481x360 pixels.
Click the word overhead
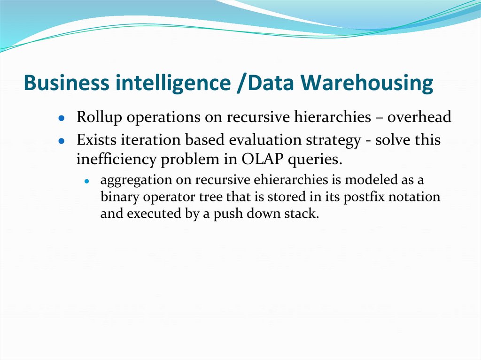point(419,117)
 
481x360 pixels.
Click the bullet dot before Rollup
point(61,118)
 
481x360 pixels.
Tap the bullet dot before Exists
point(61,141)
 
